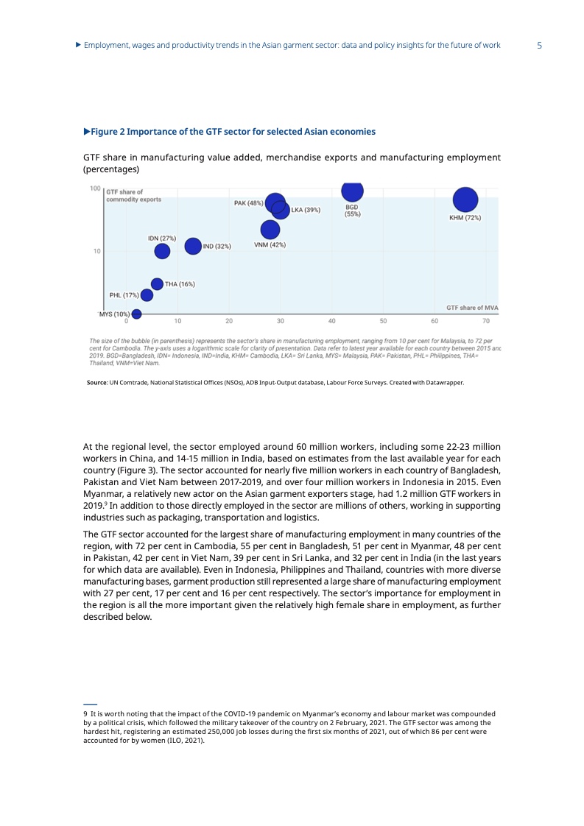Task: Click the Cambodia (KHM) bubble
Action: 465,200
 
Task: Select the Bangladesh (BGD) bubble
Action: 353,190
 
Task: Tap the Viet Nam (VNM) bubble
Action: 270,229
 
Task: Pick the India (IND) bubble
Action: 193,246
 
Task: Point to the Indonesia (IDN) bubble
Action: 162,251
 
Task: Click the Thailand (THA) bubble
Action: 157,283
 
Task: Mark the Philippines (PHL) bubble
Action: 147,295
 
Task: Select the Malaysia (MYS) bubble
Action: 136,314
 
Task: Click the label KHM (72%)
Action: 465,218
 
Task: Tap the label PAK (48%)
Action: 248,203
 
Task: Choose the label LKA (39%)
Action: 306,210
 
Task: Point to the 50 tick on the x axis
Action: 384,321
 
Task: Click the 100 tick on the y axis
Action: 96,189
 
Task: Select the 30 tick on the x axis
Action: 281,321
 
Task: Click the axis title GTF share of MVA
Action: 472,308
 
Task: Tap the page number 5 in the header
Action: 540,46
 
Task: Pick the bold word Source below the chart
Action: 97,383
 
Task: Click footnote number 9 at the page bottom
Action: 85,714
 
